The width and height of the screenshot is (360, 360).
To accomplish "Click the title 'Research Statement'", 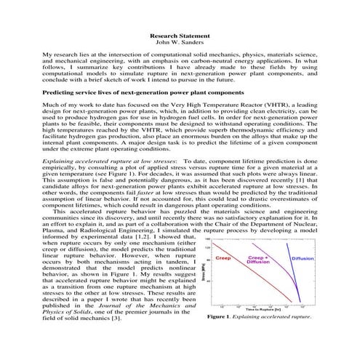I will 180,36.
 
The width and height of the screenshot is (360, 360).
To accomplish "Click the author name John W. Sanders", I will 180,42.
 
